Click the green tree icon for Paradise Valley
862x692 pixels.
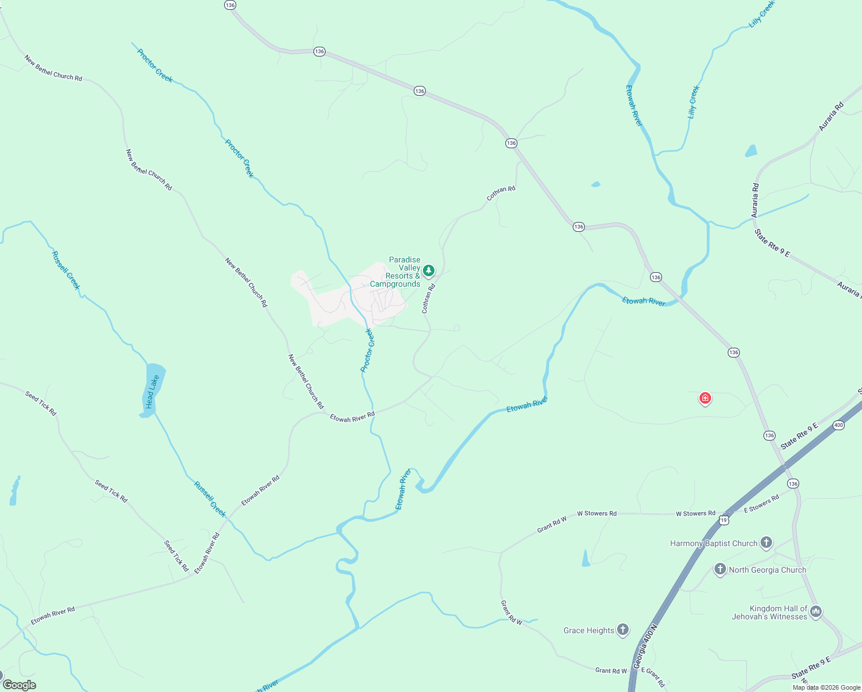click(428, 270)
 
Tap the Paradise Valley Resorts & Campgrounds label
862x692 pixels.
click(396, 272)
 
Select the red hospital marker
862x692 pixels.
click(705, 398)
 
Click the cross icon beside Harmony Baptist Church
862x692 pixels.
click(766, 542)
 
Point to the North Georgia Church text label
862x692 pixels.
click(767, 570)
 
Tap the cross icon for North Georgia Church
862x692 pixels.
click(720, 569)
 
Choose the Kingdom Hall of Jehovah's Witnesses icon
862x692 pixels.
click(815, 611)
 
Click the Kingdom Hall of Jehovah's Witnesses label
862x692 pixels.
click(769, 612)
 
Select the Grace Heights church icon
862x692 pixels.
click(623, 630)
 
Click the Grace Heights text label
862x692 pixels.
click(588, 630)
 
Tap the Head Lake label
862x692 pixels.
click(151, 392)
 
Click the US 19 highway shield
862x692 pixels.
click(724, 520)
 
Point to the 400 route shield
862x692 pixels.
click(838, 425)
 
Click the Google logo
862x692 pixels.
click(20, 685)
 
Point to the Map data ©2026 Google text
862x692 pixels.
click(826, 687)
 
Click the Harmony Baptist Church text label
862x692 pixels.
click(713, 543)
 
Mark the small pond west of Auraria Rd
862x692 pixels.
click(751, 151)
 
